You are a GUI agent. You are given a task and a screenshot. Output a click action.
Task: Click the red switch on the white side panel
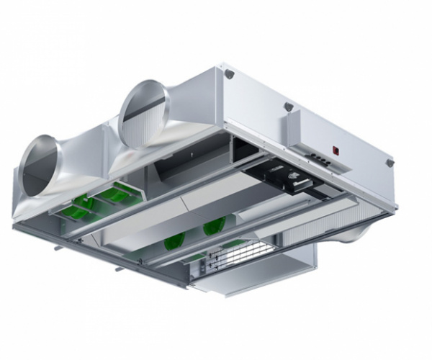tap(336, 150)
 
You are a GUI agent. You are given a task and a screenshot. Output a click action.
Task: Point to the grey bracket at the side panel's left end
tap(228, 74)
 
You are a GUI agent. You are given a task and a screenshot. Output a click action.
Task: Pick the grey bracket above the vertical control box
tap(289, 107)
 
